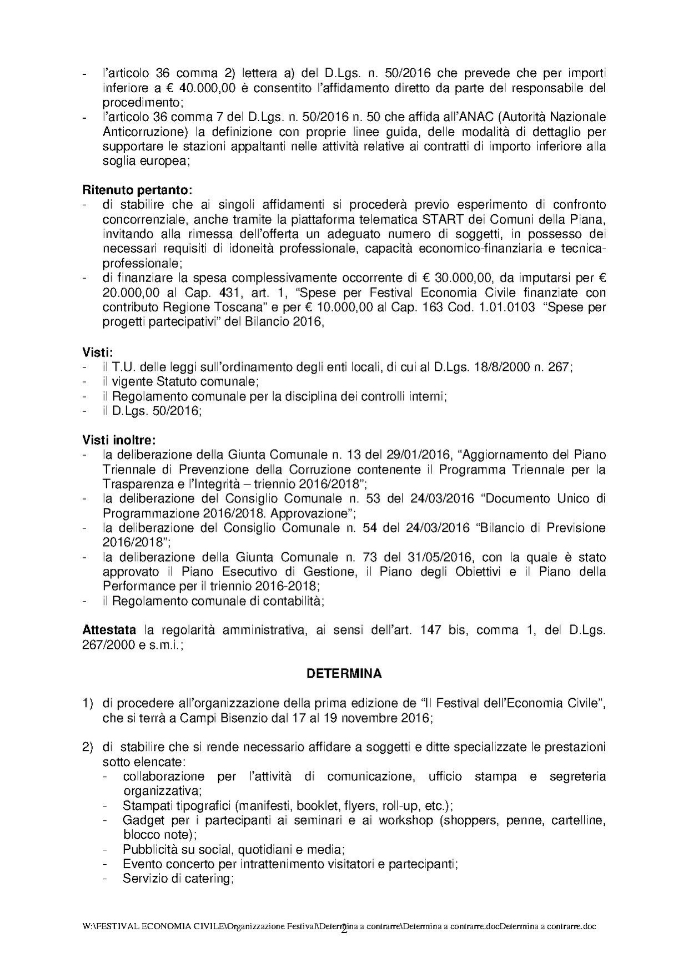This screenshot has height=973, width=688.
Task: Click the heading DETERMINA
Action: tap(344, 674)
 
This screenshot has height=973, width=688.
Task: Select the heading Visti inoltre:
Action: tap(119, 440)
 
